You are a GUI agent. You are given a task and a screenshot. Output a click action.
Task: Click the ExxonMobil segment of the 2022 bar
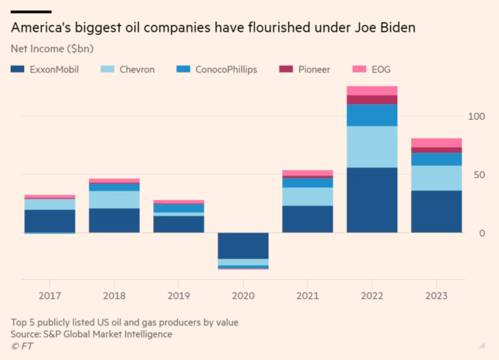[372, 200]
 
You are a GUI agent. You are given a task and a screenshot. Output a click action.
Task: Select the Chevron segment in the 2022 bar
[372, 147]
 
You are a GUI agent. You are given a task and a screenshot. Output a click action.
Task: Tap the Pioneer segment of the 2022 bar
[372, 100]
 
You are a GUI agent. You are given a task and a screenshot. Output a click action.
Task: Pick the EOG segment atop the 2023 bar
[436, 143]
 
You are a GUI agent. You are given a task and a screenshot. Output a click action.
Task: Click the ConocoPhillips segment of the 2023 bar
[436, 159]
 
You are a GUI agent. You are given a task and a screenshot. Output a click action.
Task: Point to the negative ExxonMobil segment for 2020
[243, 246]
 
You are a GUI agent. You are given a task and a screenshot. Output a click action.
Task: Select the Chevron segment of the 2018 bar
[114, 199]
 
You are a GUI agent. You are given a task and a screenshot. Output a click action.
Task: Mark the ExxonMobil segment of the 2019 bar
[178, 224]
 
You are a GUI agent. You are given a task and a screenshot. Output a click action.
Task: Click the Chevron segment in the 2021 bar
[307, 197]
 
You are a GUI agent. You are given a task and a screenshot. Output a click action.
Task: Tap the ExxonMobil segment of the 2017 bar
[50, 221]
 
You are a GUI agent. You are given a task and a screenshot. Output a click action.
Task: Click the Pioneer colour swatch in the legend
[286, 69]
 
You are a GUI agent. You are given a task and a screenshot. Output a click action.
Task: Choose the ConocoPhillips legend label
[226, 69]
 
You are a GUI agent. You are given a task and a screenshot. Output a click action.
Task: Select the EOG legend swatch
[359, 69]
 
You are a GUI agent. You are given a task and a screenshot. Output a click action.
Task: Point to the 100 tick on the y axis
[476, 116]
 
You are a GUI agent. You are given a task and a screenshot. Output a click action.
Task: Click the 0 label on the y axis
[482, 233]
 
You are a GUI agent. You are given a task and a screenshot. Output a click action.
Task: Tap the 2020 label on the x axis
[243, 296]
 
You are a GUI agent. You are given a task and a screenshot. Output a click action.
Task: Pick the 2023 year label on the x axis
[436, 296]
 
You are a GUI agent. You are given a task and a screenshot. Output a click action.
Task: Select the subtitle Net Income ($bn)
[52, 49]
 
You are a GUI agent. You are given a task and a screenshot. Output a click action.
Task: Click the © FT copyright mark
[22, 346]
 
